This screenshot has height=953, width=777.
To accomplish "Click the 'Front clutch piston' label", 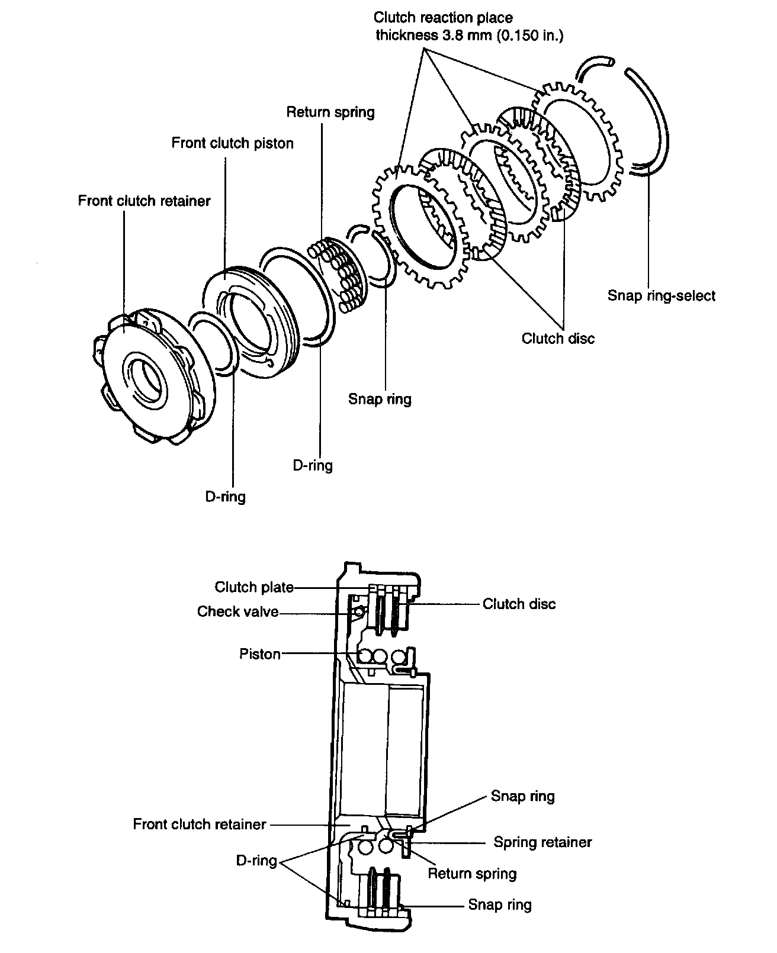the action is coord(232,144).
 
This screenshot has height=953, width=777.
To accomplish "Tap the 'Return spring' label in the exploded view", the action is coord(330,112).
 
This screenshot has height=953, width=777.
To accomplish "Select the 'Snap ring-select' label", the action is coord(661,296).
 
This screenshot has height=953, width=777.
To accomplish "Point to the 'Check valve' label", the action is coord(237,611).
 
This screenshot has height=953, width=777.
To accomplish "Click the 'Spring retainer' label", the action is coord(542,842).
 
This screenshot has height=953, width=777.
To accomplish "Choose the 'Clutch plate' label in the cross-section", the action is coord(254,587).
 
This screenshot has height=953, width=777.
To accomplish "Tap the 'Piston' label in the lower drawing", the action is coord(259,653).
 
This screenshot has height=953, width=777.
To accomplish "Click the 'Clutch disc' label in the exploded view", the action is coord(558,338).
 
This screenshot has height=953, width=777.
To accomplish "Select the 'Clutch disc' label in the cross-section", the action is coord(519,604).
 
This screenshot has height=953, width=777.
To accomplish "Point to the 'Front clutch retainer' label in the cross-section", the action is coord(199,824).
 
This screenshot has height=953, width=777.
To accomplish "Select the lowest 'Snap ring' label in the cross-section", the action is coord(499,904).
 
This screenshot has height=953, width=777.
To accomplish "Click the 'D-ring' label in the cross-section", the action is coord(256,861).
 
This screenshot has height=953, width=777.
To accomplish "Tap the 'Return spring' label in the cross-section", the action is coord(472,873).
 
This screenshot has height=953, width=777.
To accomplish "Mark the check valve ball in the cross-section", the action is coord(358,611).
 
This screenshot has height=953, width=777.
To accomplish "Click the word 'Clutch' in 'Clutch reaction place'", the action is coord(395,18).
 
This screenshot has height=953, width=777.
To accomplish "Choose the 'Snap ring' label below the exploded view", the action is coord(380,399).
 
